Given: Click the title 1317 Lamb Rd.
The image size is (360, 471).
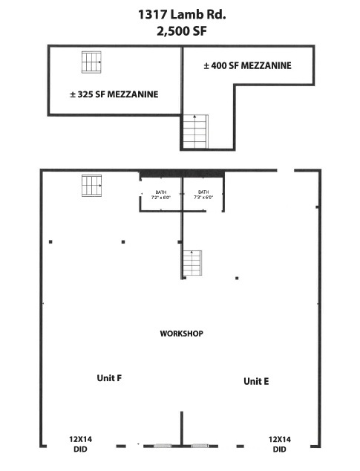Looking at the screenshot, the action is (x=182, y=14).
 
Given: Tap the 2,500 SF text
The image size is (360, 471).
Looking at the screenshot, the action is (x=182, y=31).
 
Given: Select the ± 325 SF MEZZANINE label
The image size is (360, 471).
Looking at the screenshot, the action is (x=114, y=94).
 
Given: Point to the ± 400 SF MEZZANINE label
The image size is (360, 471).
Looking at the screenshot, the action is (x=248, y=65).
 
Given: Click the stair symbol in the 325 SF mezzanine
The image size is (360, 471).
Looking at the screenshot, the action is (x=91, y=62).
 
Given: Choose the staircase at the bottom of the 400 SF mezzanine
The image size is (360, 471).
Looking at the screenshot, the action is (x=195, y=131).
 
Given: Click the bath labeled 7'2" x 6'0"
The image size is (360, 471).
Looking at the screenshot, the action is (x=161, y=195).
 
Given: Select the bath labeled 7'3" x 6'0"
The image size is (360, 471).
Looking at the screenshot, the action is (x=203, y=195).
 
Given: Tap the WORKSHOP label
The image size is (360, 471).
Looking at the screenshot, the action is (x=182, y=334).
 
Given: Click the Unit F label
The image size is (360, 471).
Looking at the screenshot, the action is (x=109, y=378).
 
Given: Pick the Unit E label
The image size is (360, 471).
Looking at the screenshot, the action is (x=256, y=381).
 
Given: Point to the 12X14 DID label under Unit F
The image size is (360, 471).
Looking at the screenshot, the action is (x=80, y=444).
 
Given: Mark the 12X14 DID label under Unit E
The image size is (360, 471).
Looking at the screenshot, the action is (x=280, y=444).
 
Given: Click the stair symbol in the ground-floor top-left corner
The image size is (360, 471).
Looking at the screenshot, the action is (x=91, y=186).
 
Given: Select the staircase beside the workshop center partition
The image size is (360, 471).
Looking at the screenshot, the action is (x=192, y=263).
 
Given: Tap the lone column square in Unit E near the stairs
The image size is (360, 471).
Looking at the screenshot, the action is (x=237, y=278).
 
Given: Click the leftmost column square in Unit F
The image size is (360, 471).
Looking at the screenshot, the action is (x=50, y=241).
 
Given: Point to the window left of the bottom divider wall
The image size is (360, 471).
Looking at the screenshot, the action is (x=163, y=446).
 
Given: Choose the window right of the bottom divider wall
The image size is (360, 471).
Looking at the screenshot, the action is (x=200, y=446).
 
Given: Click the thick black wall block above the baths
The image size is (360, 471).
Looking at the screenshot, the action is (x=182, y=174).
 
